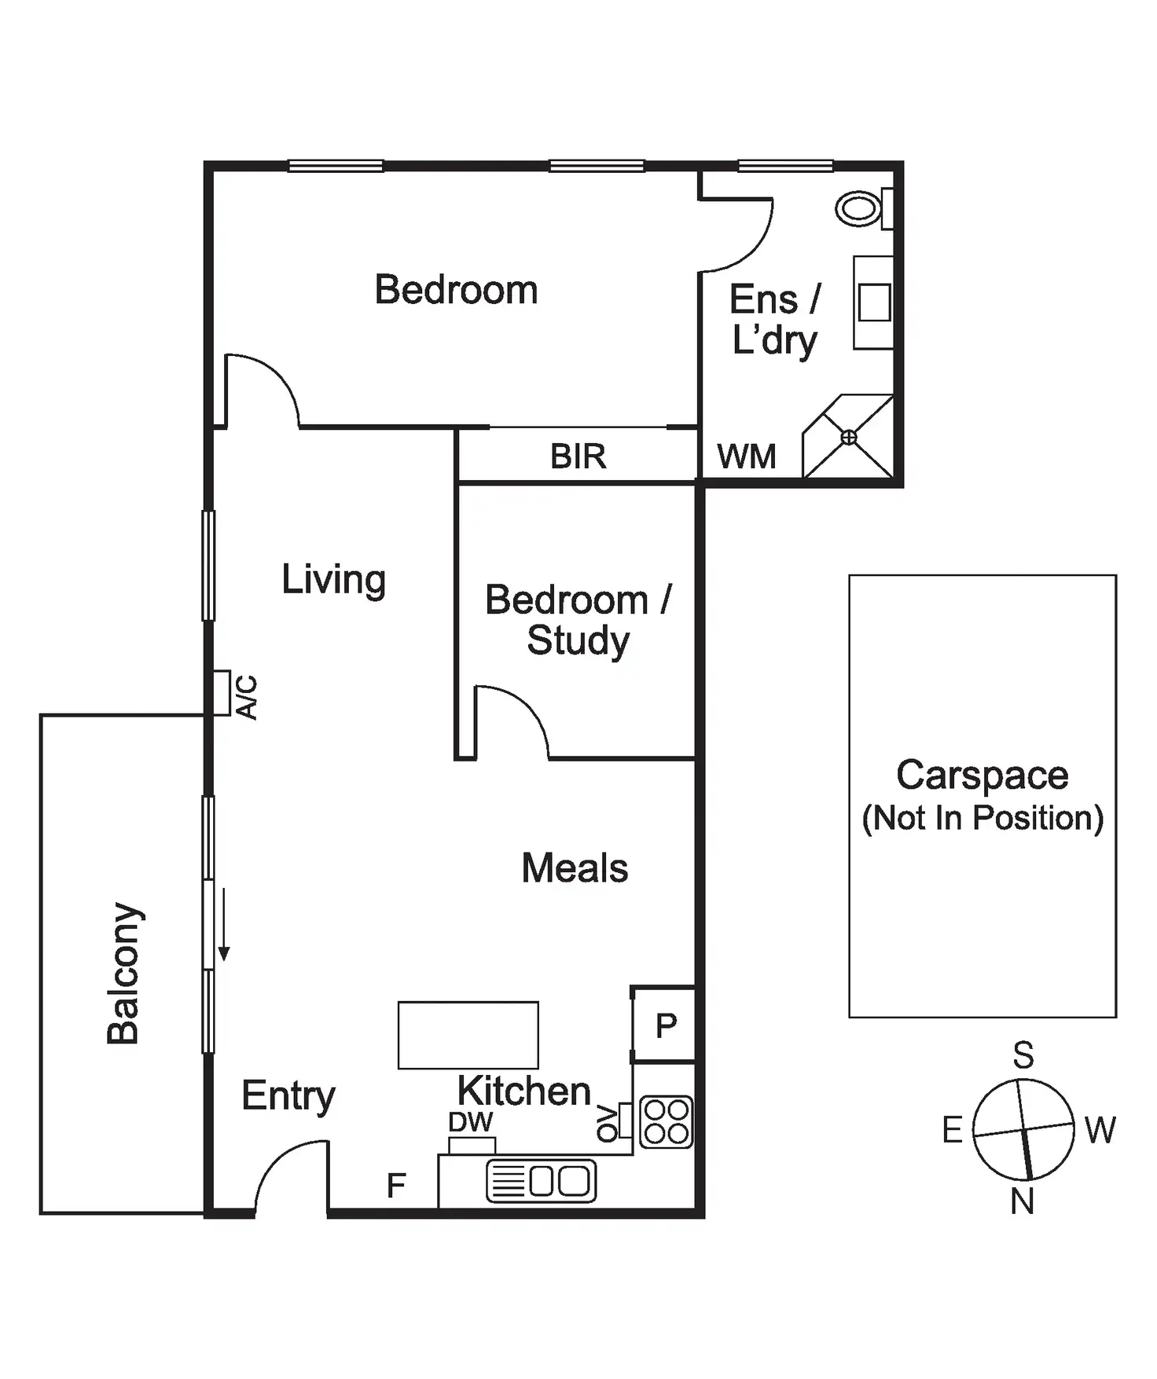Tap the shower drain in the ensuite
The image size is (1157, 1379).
pos(849,438)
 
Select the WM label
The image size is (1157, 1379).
pos(747,457)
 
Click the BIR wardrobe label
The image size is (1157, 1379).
pos(578,457)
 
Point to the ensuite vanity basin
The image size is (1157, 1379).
pos(874,303)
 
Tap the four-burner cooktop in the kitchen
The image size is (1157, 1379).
pos(667,1121)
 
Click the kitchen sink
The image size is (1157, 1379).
pos(542,1181)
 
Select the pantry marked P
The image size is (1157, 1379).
pos(666,1025)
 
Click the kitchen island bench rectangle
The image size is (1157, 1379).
pos(468,1035)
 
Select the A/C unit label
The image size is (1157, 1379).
pos(247,697)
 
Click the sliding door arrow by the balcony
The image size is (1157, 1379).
pos(224,924)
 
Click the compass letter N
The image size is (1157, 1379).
pos(1022,1201)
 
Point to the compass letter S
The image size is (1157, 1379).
pos(1023,1055)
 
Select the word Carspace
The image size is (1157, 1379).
pos(983,776)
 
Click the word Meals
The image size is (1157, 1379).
pos(575,868)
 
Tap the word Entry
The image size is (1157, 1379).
pos(288,1096)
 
